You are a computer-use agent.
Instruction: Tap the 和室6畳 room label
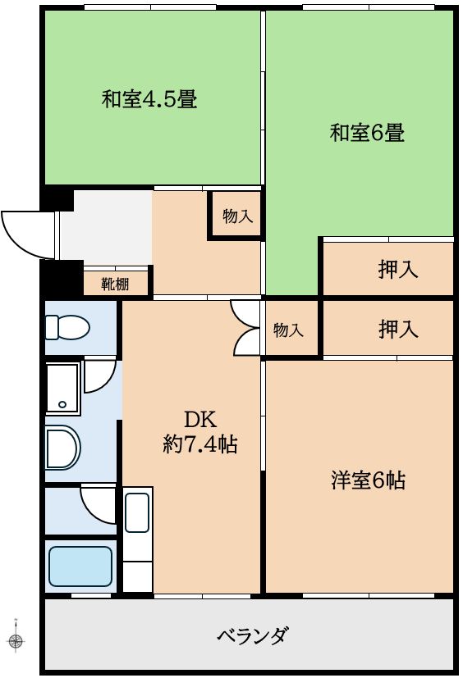367,132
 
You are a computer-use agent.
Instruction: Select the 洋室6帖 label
368,480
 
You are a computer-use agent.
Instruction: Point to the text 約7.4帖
200,444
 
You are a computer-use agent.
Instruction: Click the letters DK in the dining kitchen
199,420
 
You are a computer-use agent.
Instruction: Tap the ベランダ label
252,635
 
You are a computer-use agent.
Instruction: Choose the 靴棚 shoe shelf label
115,284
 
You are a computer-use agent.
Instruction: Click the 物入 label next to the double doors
288,330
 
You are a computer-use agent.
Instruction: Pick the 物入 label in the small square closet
237,216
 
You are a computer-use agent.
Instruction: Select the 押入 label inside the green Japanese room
398,269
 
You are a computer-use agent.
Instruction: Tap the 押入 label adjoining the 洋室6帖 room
398,330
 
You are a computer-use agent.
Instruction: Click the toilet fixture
66,328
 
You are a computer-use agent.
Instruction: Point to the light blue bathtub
80,567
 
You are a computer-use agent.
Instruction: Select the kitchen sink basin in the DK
137,513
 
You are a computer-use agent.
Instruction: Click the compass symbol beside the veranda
16,639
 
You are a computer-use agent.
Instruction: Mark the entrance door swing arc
25,234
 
